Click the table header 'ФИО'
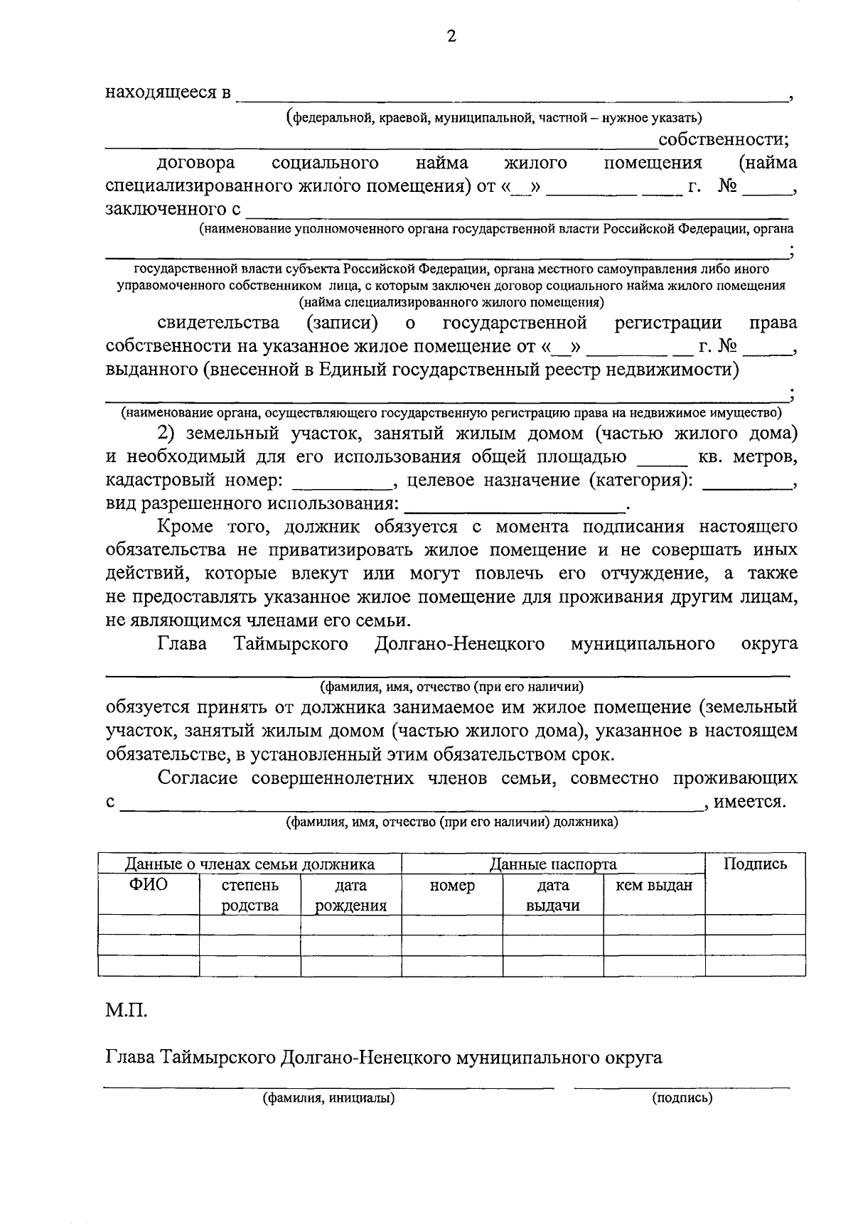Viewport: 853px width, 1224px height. point(148,885)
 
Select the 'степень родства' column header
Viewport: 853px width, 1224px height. point(250,895)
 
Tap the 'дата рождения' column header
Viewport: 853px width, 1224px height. point(350,895)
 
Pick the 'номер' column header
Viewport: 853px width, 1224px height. point(452,886)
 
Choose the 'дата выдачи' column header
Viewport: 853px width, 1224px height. point(552,895)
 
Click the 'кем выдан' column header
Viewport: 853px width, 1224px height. point(653,886)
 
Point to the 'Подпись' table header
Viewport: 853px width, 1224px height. point(755,864)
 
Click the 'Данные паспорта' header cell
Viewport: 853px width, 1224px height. point(552,864)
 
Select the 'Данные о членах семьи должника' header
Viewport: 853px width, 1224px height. point(250,864)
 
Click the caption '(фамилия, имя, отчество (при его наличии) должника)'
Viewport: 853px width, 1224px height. point(451,822)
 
